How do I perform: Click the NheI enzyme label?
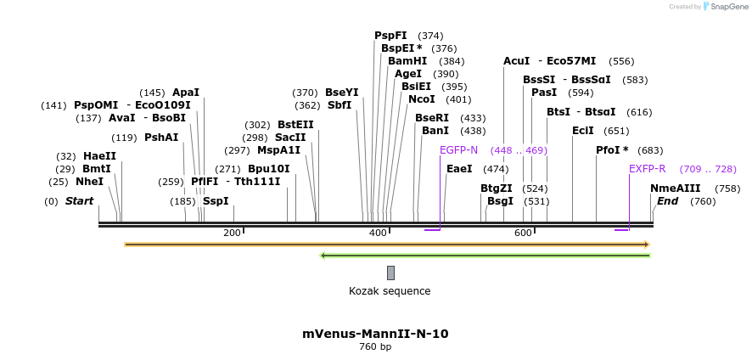[x=89, y=182]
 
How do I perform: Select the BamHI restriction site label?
[x=407, y=61]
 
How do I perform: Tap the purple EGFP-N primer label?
[x=458, y=150]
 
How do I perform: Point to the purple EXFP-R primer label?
[x=647, y=169]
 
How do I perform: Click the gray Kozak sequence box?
[x=390, y=273]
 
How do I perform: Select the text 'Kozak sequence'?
[x=390, y=291]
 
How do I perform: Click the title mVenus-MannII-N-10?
[x=375, y=334]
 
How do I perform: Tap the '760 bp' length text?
[x=375, y=346]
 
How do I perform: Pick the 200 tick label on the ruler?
[x=232, y=233]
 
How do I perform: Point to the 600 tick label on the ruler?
[x=523, y=233]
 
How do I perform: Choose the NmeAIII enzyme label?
[x=676, y=188]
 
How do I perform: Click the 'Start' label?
[x=79, y=201]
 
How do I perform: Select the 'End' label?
[x=667, y=201]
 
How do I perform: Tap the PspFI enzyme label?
[x=390, y=36]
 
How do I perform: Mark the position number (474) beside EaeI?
[x=495, y=169]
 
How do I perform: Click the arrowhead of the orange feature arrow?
[x=646, y=245]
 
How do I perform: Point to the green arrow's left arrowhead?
[x=323, y=255]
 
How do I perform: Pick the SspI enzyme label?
[x=216, y=201]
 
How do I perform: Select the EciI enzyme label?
[x=582, y=131]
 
